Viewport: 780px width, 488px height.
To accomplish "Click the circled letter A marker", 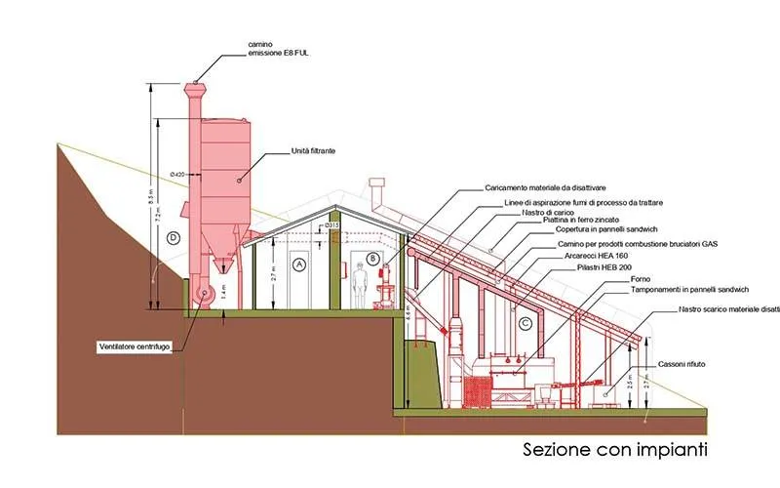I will point(299,264).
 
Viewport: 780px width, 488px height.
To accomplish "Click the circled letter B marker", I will point(372,259).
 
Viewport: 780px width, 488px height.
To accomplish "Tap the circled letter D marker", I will point(173,237).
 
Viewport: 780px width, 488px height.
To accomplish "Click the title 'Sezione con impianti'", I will point(613,450).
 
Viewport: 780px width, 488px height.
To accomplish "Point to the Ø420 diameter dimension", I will point(176,174).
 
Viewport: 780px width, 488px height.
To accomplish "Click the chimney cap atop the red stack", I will point(194,86).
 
